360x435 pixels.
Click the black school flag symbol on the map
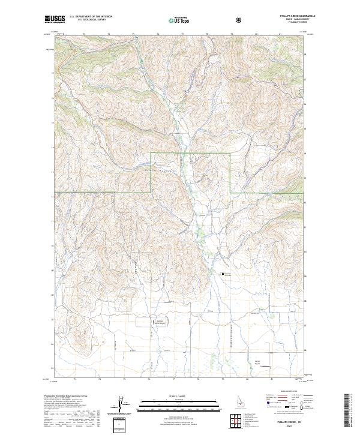tap(223, 275)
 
